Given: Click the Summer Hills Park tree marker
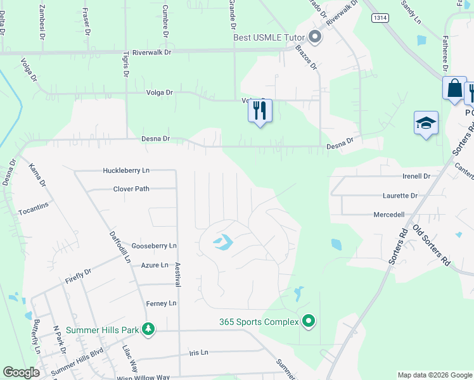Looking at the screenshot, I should (x=148, y=329).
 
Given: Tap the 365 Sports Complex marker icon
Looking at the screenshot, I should (x=309, y=322).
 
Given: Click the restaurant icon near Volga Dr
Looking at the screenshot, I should (x=260, y=111).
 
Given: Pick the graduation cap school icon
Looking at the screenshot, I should (x=426, y=123).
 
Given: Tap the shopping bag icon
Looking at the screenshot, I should (x=454, y=89).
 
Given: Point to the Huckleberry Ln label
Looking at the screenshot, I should (x=127, y=170).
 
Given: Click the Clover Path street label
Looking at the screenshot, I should (x=131, y=189).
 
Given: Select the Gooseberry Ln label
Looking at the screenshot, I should (x=154, y=246).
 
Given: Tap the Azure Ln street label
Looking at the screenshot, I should (x=155, y=265).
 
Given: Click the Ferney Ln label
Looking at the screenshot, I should (x=161, y=304).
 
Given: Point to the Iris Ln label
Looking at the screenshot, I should (x=198, y=352).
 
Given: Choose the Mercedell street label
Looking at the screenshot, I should (x=389, y=215).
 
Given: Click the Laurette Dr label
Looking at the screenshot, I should (x=400, y=196).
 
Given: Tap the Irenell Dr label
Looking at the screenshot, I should (x=416, y=176).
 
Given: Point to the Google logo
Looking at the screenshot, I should (x=22, y=372).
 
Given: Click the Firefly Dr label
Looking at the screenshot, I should (x=79, y=275).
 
